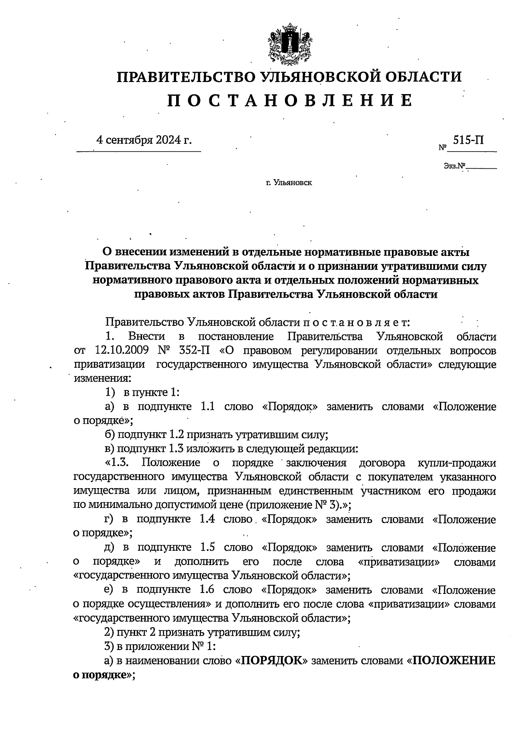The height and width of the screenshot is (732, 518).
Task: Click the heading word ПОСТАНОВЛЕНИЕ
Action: click(x=290, y=100)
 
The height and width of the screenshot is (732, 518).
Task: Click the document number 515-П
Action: click(x=468, y=140)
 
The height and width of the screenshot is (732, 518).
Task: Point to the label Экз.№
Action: click(x=454, y=165)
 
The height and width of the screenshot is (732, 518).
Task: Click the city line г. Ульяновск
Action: click(x=289, y=183)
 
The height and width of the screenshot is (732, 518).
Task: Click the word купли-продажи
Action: click(x=457, y=463)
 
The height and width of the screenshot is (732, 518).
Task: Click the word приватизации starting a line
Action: click(x=110, y=364)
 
